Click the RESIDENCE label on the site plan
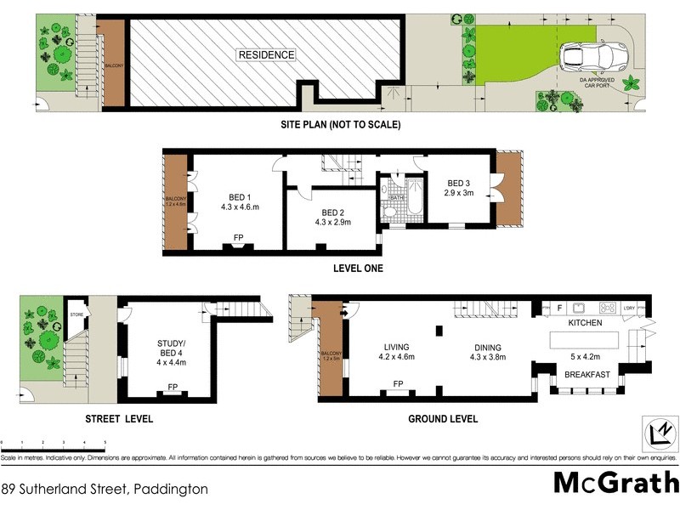pos(266,55)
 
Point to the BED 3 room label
pos(459,188)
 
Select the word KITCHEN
pos(585,323)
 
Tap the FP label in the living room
pos(397,384)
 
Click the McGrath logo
pos(615,482)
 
